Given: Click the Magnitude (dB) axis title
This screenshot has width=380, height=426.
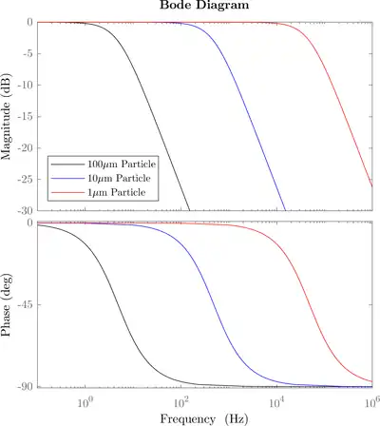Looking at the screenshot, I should click(x=9, y=115).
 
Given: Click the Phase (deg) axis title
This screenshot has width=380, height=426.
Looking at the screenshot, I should click(x=9, y=304).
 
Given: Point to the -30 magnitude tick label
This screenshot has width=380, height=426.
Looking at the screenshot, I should click(x=23, y=210).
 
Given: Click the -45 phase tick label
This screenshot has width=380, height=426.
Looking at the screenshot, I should click(x=23, y=305).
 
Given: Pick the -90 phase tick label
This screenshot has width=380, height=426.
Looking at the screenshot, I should click(x=23, y=387).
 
